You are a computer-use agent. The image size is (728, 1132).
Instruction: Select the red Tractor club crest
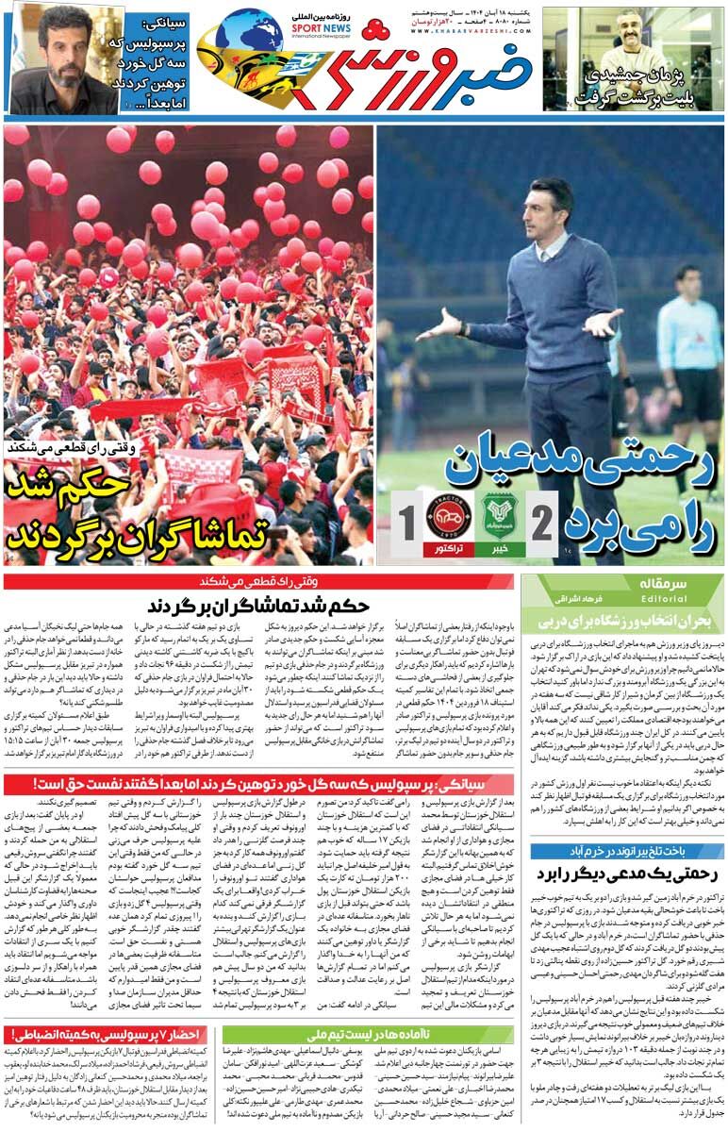pos(448,517)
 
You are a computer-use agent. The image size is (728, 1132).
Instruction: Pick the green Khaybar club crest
pos(499,517)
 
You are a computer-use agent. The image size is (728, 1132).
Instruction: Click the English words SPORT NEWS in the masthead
pos(322,27)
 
